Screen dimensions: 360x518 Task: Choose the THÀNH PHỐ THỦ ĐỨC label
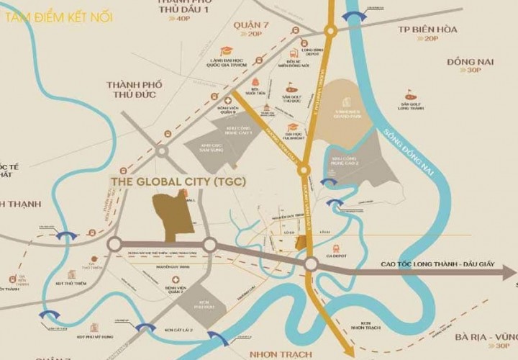135,89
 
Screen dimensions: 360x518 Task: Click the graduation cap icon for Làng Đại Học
227,50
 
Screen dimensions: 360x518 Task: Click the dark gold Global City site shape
172,215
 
